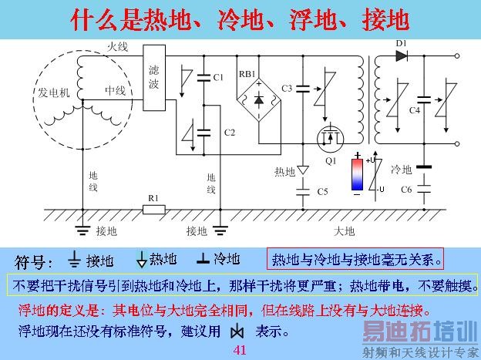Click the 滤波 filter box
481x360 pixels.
click(154, 76)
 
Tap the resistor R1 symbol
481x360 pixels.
click(153, 208)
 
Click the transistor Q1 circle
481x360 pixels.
click(331, 140)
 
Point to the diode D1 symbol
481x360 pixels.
click(401, 56)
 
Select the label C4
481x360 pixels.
click(414, 112)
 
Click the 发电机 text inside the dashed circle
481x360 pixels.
click(54, 92)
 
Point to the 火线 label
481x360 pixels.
click(118, 49)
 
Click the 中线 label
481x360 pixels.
click(115, 91)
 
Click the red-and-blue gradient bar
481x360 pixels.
click(359, 174)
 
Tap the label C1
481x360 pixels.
click(218, 77)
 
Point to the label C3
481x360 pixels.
click(287, 89)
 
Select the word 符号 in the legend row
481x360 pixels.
click(34, 260)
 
